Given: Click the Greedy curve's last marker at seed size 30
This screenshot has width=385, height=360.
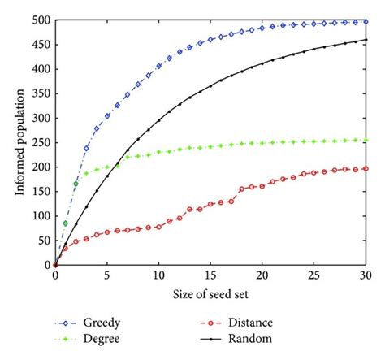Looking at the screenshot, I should (x=366, y=22).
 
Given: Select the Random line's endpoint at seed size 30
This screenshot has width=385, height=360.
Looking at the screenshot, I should (x=366, y=40).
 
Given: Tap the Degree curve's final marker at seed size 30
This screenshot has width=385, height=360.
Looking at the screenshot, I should (x=366, y=140).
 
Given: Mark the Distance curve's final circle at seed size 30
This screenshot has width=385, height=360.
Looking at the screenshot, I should (x=366, y=168).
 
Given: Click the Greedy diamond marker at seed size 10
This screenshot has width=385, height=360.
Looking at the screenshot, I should (x=158, y=66).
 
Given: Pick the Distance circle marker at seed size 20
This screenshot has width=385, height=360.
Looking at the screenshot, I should (x=262, y=186).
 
